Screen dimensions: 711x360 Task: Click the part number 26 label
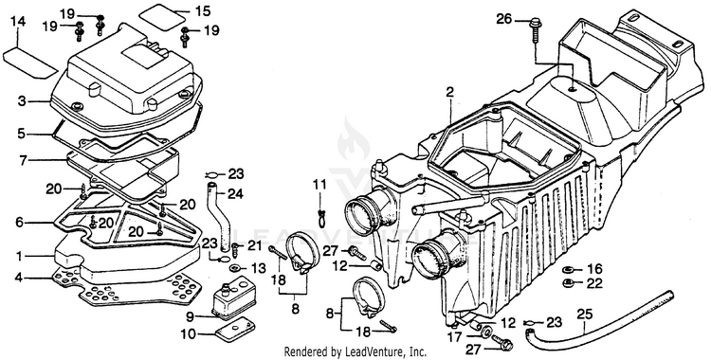[504, 19]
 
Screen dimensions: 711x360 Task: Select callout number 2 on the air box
[449, 93]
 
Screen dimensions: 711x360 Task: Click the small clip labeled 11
[322, 216]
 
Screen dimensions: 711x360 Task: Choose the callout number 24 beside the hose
[235, 194]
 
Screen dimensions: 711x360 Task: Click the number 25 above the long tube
[585, 314]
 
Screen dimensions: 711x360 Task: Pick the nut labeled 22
[567, 284]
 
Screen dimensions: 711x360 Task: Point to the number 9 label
[190, 315]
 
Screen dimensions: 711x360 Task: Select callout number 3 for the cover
[22, 100]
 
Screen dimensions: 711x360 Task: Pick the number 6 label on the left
[19, 223]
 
